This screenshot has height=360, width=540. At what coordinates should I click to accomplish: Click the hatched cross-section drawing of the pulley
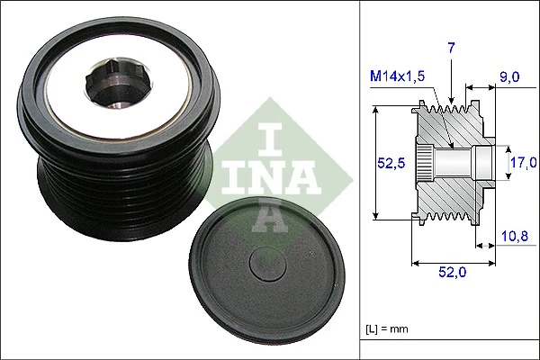coord(450,162)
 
